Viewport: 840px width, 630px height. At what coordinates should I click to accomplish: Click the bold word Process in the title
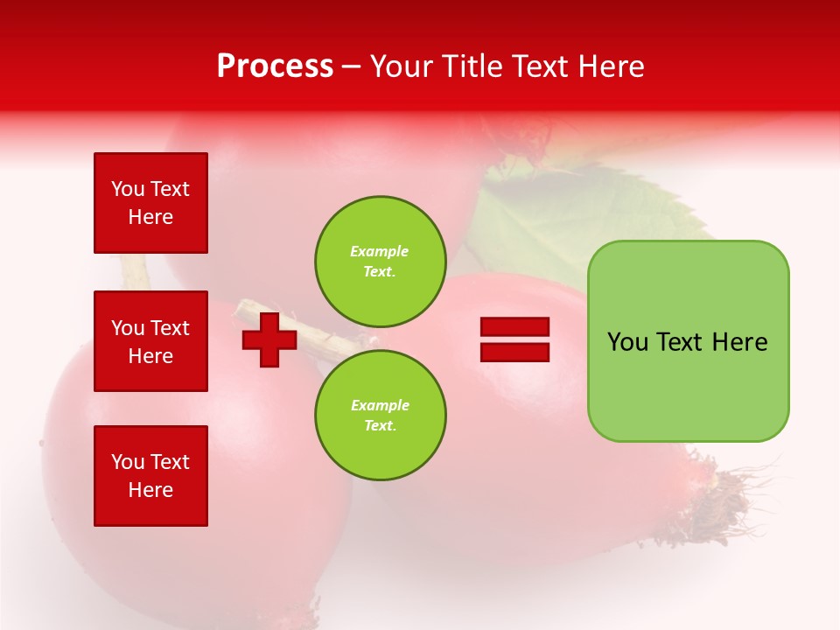coord(275,66)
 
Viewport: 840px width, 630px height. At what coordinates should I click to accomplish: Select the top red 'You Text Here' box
coord(150,203)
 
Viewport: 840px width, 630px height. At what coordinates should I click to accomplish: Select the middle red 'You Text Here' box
coord(150,341)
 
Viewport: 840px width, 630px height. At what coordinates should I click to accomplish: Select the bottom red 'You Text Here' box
coord(150,476)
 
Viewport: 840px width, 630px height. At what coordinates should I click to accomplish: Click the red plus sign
coord(269,340)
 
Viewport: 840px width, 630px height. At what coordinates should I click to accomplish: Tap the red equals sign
coord(514,339)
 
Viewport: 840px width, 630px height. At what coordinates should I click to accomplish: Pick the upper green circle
coord(381,262)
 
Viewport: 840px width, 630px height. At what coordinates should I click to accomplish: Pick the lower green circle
coord(381,416)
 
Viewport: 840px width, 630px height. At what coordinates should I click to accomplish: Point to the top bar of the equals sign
coord(514,326)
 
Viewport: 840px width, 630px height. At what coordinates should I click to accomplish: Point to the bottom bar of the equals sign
coord(514,353)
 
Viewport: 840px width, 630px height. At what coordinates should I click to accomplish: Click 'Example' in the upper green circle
coord(380,251)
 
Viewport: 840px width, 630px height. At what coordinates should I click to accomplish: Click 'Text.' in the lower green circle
coord(380,426)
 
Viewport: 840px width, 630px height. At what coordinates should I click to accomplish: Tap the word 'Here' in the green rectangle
coord(739,342)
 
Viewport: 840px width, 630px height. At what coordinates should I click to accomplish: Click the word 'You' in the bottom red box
coord(128,462)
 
